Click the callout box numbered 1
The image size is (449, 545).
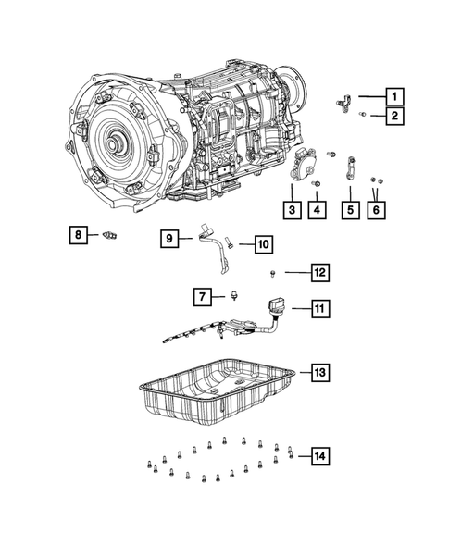[x=394, y=96]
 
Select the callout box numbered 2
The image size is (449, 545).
[x=394, y=116]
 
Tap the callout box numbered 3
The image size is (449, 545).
[x=292, y=210]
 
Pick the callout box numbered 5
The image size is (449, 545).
[x=350, y=210]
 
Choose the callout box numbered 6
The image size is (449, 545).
[x=376, y=210]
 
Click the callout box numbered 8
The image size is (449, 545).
[x=79, y=235]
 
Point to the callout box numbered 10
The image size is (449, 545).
[x=264, y=244]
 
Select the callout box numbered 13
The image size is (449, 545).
[x=320, y=372]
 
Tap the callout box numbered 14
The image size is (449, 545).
[x=320, y=455]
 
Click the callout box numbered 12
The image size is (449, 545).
[x=320, y=272]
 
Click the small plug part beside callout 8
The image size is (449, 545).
[x=109, y=235]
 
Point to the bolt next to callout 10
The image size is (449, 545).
[x=229, y=242]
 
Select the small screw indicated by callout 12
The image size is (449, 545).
[x=273, y=274]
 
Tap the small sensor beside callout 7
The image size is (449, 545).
[x=233, y=296]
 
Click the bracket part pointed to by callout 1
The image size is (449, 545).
[x=344, y=104]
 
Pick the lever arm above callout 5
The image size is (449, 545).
[x=351, y=167]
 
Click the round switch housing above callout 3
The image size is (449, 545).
[x=302, y=164]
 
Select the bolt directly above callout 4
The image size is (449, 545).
[x=317, y=183]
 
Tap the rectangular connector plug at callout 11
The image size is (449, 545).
[x=276, y=306]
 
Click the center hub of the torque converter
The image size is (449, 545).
[x=114, y=144]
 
